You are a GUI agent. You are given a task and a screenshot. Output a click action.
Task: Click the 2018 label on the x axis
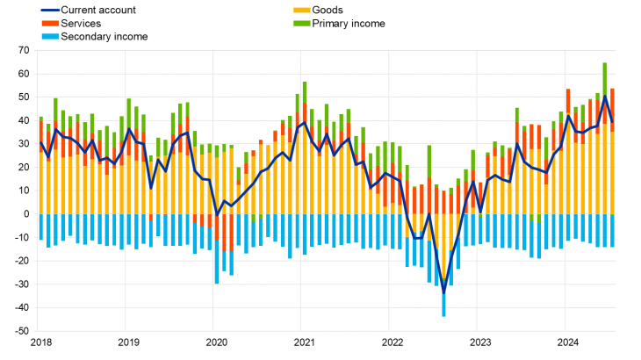40,342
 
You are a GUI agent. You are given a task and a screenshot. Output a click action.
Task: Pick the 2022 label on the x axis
392,342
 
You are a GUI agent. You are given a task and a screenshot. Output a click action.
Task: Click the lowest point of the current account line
443,293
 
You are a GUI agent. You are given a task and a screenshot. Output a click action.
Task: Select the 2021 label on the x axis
304,342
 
